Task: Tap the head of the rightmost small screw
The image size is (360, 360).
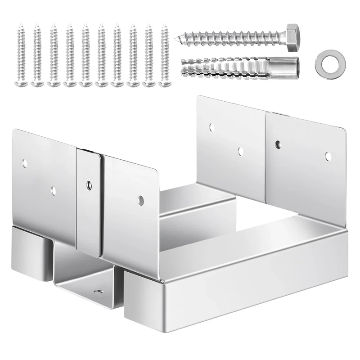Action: click(x=164, y=83)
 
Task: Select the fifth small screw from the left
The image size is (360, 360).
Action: click(x=85, y=54)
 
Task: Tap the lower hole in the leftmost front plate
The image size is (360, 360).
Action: click(x=54, y=190)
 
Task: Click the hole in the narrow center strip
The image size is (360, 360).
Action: click(x=89, y=184)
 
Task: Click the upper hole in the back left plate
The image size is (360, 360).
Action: click(x=212, y=127)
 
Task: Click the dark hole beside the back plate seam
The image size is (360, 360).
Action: click(x=278, y=144)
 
